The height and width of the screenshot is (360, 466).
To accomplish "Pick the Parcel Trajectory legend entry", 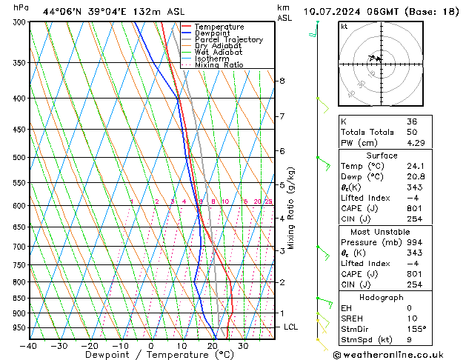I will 228,40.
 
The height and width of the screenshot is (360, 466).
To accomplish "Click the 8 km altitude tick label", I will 282,81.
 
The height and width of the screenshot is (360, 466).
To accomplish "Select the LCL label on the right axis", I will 291,327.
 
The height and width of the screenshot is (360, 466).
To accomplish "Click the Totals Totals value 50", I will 412,132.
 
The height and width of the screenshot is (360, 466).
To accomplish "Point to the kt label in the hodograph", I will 344,27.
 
